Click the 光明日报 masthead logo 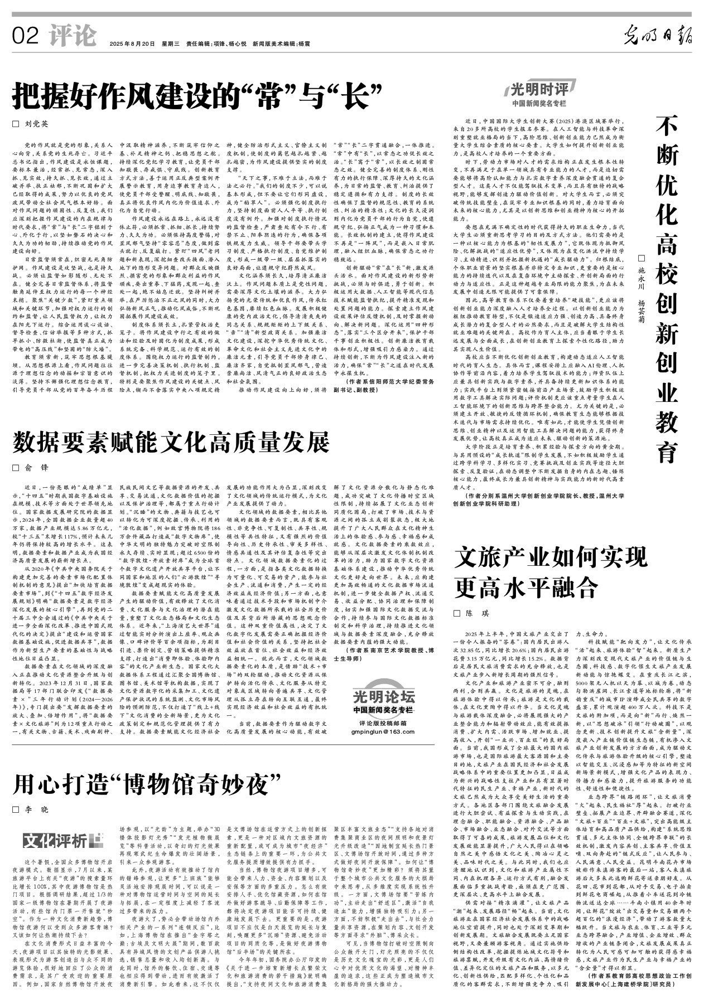658,36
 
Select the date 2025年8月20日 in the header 132,43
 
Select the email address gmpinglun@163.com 384,731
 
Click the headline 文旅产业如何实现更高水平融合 551,572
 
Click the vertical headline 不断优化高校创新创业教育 666,290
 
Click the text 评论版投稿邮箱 384,723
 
